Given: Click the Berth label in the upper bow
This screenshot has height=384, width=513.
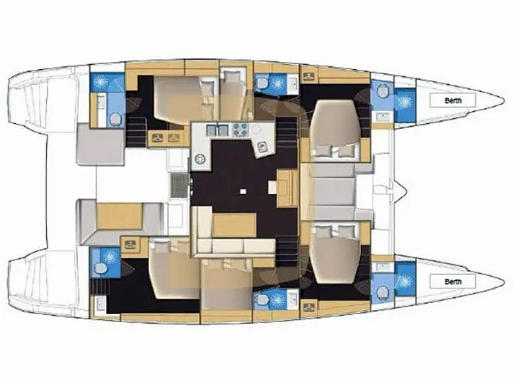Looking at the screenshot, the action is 453,100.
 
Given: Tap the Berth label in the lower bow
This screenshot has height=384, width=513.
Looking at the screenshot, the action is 453,281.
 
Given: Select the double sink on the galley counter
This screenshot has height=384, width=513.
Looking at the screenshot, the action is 217,130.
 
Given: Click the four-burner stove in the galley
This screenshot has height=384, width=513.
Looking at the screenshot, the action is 240,130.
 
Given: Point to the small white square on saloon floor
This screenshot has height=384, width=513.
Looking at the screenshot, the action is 243,191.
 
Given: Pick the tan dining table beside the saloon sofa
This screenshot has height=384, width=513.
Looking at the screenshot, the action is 234,225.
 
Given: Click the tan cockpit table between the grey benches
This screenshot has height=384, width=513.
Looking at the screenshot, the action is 120,216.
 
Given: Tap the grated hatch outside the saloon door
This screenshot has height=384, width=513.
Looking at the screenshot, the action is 178,185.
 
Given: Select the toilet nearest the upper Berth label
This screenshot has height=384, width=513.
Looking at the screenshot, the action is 382,90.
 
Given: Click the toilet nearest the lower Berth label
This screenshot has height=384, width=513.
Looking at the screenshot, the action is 382,293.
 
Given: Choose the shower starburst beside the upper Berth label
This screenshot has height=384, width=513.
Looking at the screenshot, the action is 405,101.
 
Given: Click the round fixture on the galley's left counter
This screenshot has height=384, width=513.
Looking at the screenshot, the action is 199,160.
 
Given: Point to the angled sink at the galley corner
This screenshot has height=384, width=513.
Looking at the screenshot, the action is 262,146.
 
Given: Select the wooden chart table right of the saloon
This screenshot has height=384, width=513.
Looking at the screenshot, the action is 287,188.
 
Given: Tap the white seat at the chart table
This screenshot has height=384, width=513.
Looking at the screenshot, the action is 272,188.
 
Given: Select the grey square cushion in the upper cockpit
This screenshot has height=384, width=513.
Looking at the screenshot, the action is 100,144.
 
